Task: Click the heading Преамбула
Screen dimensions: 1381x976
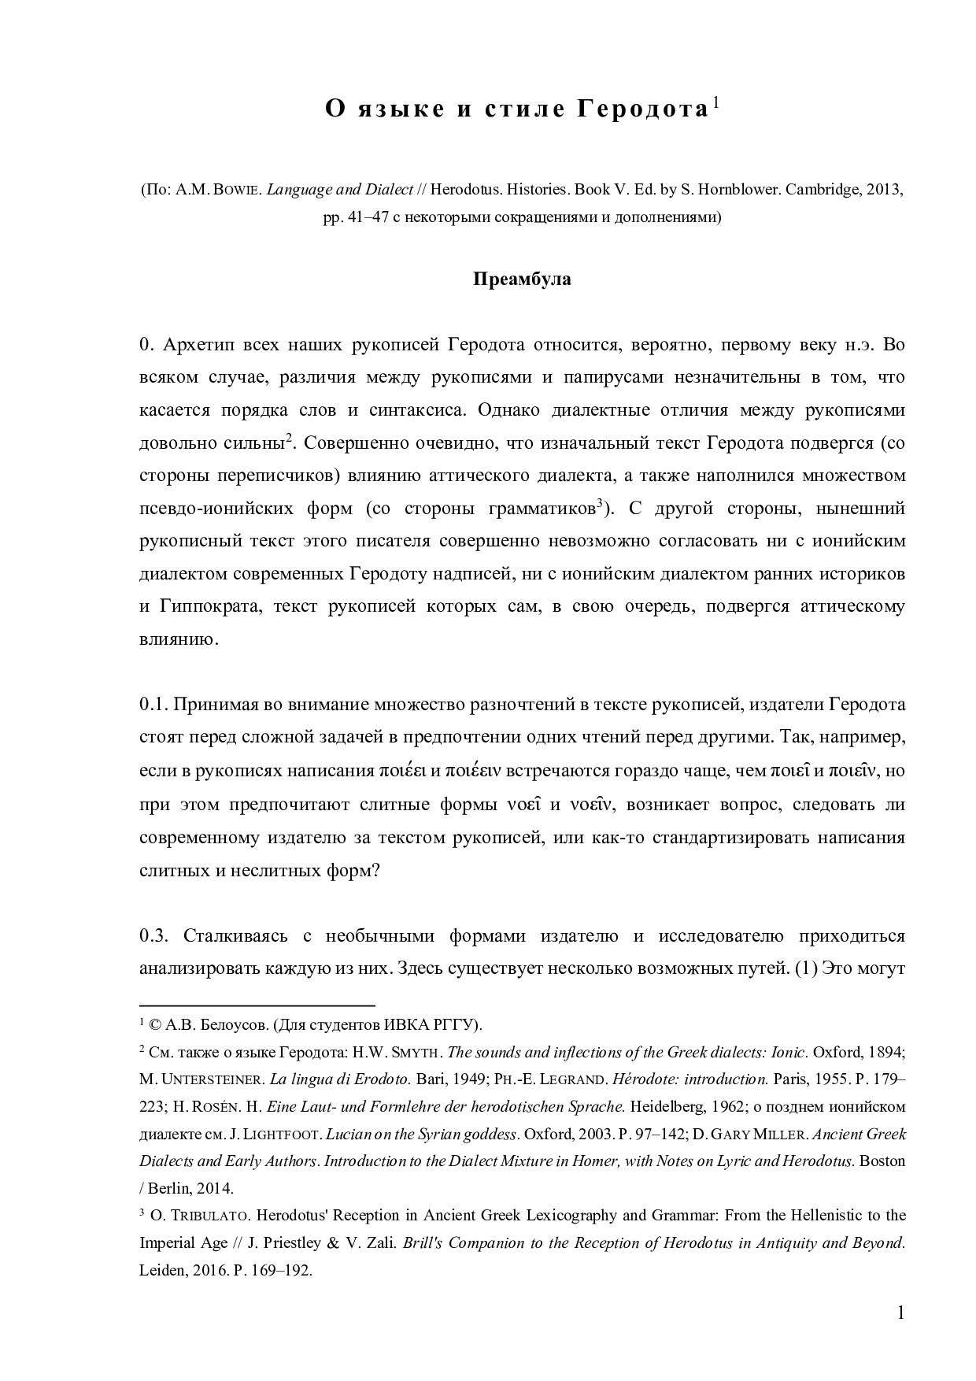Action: [x=522, y=280]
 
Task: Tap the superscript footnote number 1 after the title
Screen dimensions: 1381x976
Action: [x=715, y=102]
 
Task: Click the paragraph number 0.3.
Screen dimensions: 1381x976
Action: [x=154, y=935]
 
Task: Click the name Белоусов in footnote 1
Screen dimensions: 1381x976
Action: [x=236, y=1024]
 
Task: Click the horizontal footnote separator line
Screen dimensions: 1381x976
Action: [x=257, y=1005]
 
